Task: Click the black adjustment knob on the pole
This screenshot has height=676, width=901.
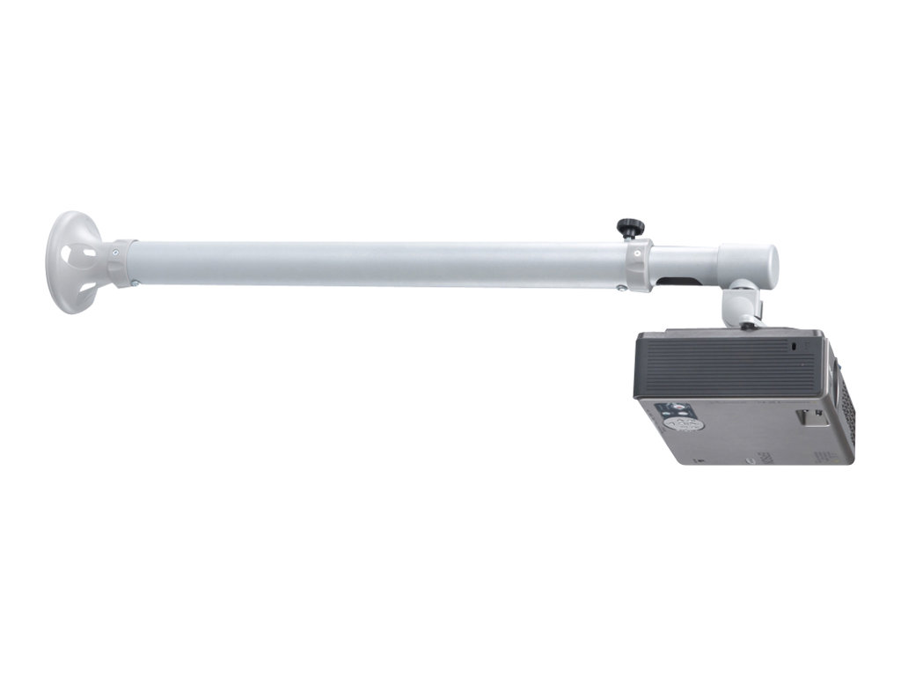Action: coord(629,228)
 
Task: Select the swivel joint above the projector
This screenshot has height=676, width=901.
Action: coord(740,304)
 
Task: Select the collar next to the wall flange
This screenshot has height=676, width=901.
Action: coord(122,263)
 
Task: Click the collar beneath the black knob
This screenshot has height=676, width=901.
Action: coord(638,264)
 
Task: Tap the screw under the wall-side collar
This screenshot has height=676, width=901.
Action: coord(134,283)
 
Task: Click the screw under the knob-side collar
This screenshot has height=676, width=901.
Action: coord(621,288)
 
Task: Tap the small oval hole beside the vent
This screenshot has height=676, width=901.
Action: coord(795,347)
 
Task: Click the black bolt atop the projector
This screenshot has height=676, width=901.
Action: coord(748,326)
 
